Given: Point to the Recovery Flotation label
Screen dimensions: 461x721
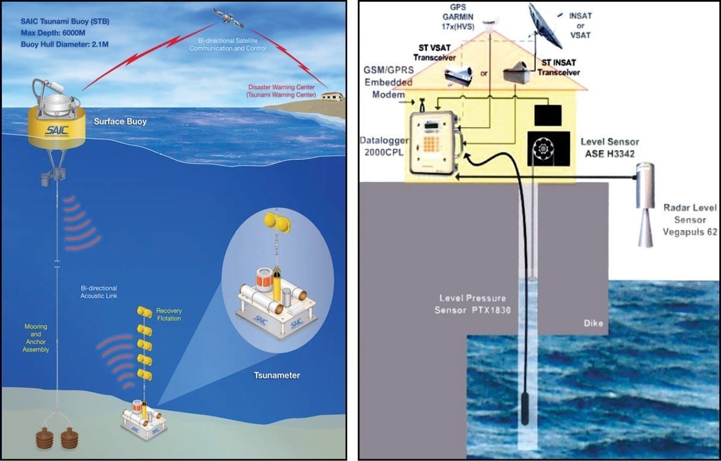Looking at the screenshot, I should click(x=169, y=315).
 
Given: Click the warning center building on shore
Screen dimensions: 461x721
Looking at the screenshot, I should click(x=332, y=96).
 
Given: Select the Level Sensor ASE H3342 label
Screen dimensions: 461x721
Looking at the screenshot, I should click(x=610, y=148).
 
